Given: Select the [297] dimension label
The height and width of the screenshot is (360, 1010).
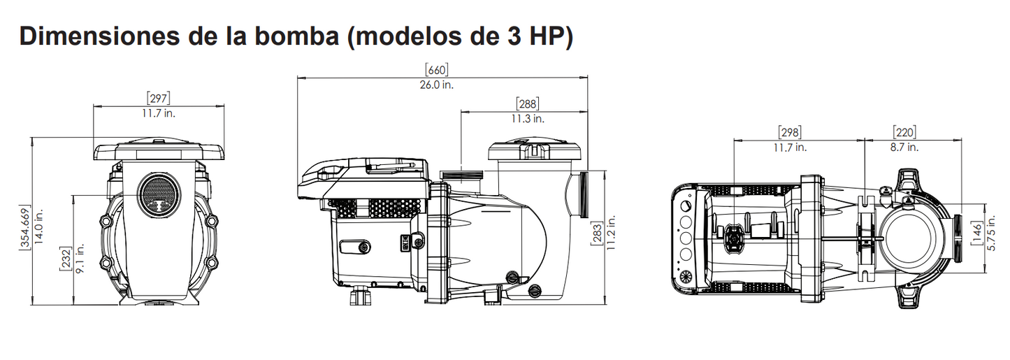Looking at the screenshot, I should (158, 99).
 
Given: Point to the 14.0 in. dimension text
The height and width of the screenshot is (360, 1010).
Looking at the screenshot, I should (41, 225).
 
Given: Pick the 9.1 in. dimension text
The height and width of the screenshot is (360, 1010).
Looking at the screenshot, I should (80, 259).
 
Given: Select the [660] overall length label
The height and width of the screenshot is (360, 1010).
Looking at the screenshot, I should (436, 70).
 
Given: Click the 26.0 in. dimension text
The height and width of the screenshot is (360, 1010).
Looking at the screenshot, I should (436, 85).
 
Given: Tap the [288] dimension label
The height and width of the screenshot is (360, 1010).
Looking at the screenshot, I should (527, 104).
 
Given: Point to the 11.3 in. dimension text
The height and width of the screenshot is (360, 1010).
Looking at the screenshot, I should (527, 119).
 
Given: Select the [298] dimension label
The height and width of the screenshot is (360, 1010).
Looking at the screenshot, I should (789, 132).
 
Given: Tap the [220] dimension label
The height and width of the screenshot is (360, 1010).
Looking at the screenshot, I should (904, 132).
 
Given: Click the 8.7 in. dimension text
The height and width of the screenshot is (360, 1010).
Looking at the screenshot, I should (904, 147).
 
